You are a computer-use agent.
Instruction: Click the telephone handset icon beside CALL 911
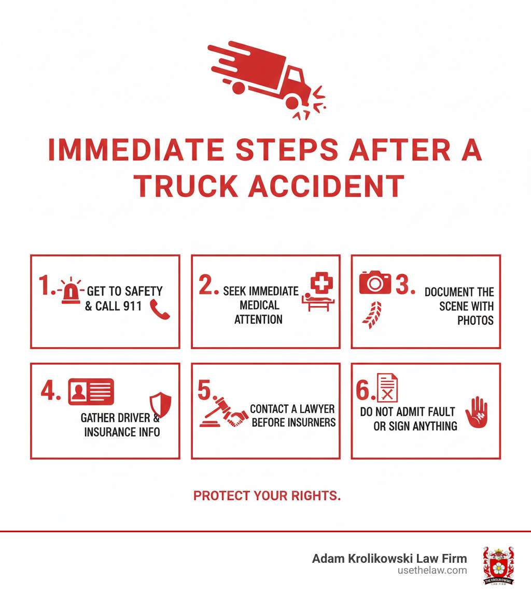click(x=159, y=309)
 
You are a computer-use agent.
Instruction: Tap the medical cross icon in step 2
click(x=322, y=284)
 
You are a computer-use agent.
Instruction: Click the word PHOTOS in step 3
click(x=475, y=321)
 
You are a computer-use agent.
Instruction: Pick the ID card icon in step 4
click(x=91, y=392)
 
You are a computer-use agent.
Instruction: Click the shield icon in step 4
click(x=160, y=404)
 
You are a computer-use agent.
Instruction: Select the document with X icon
click(x=387, y=388)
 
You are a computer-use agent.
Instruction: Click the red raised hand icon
click(x=477, y=412)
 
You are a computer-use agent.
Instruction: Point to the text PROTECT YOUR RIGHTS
click(x=267, y=496)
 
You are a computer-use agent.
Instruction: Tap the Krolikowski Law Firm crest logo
click(x=498, y=566)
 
